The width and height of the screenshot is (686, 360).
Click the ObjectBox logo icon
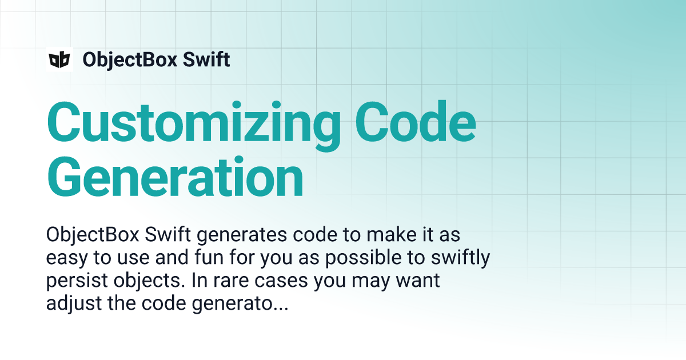(x=59, y=59)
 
